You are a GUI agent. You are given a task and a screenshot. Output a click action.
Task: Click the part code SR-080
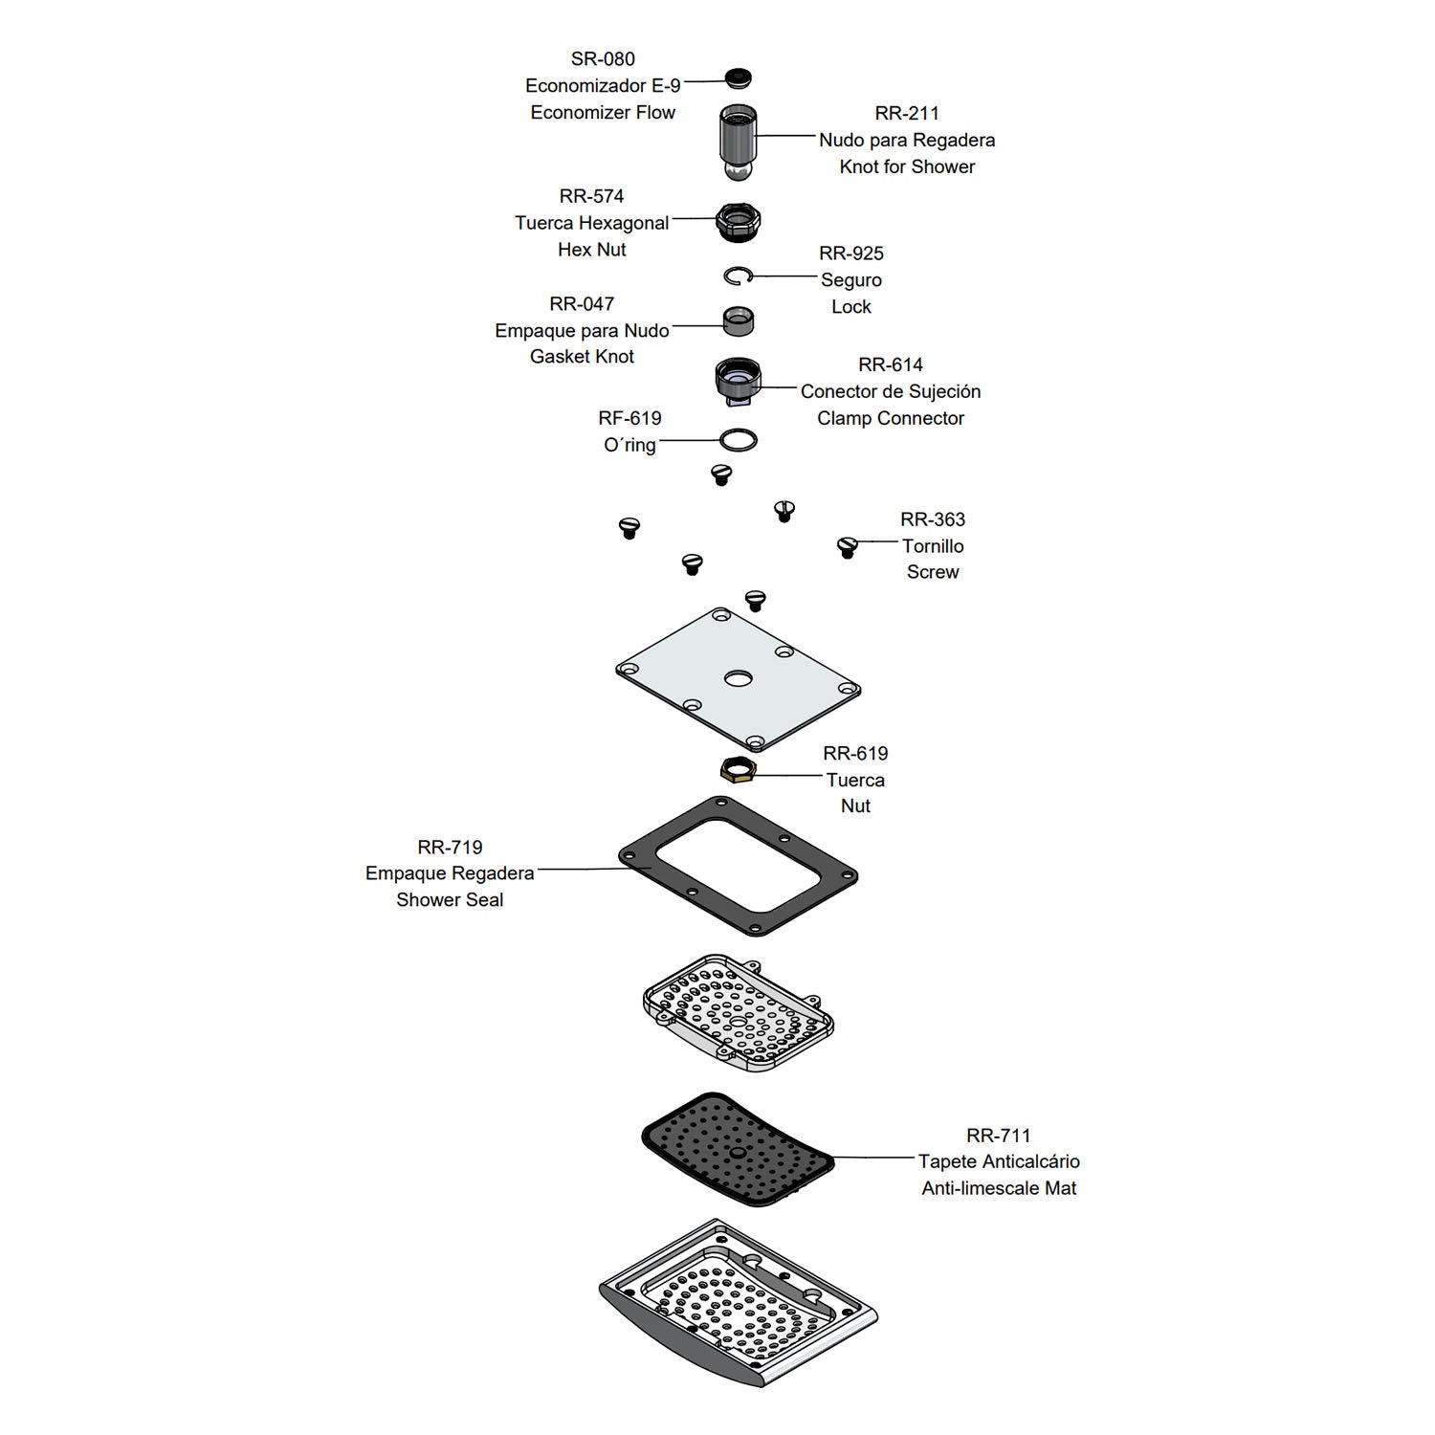pos(603,59)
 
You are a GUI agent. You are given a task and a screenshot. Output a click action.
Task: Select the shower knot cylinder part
pos(738,142)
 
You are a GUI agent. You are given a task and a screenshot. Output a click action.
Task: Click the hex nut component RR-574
pos(739,222)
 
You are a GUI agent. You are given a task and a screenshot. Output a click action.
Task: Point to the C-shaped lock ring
pos(739,276)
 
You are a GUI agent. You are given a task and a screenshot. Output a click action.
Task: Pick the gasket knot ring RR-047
pos(739,321)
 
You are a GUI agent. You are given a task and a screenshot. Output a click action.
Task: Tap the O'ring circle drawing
pos(739,440)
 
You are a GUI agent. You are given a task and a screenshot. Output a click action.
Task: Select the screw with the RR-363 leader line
pos(847,547)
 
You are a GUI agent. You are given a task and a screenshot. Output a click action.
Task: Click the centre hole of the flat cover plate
pos(739,679)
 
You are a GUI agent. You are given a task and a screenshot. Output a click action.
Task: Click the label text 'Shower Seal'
pos(450,900)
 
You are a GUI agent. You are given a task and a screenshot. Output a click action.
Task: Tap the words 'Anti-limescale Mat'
pos(999,1188)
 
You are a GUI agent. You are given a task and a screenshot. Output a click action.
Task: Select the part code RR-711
pos(999,1136)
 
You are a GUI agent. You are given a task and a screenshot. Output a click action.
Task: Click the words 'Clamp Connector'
pos(891,418)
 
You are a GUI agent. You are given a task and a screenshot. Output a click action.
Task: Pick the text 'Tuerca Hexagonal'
pos(592,223)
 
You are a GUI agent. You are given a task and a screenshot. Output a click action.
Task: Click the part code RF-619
pos(629,418)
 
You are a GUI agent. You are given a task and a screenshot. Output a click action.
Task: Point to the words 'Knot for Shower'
pos(907,166)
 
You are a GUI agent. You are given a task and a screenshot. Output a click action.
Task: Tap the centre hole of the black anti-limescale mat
pos(738,1154)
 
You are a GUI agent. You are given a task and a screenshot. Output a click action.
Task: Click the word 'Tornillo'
pos(933,546)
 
